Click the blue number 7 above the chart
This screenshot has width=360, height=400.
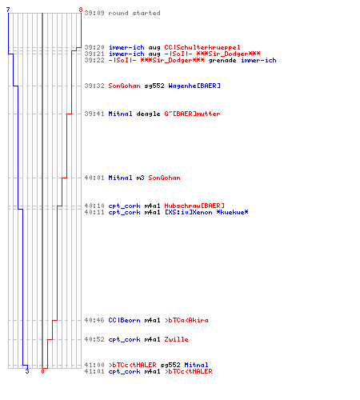point(8,10)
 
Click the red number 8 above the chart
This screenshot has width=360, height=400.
point(81,10)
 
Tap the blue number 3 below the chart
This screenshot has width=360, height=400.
point(27,371)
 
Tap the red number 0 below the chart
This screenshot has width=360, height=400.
point(42,371)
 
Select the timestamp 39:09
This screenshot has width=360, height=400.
point(94,13)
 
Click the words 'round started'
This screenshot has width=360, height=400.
point(134,13)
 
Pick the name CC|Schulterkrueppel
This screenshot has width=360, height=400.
point(202,47)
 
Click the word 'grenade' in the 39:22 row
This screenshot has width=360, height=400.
point(222,60)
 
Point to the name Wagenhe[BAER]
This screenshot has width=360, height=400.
point(194,86)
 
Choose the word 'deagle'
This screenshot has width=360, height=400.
point(148,114)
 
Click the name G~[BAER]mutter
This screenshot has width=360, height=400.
point(192,114)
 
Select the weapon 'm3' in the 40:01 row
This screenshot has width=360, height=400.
point(140,178)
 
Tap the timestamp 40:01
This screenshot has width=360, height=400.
point(94,178)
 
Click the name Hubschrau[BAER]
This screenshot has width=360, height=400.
point(194,206)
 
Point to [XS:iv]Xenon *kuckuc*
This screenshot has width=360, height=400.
point(206,212)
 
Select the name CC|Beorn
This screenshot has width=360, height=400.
point(124,320)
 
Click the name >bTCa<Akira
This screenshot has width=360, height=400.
point(186,320)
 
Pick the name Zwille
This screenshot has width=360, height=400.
point(176,339)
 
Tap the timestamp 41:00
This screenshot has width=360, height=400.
point(94,365)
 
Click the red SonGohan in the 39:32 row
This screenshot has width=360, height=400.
point(124,86)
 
